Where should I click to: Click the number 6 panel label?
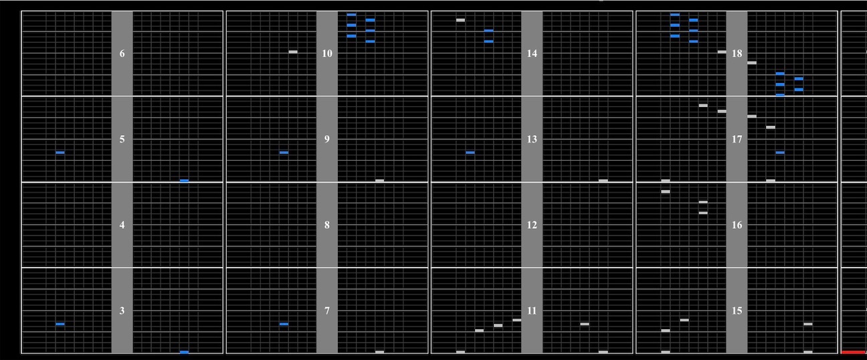click(x=122, y=54)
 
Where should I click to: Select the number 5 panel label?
click(x=122, y=139)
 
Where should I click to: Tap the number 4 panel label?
click(x=122, y=225)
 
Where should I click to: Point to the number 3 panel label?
click(x=122, y=310)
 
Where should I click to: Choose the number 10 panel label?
click(x=327, y=54)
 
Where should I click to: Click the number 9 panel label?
click(x=327, y=139)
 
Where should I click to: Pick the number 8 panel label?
click(x=327, y=225)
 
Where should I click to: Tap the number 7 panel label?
click(x=327, y=310)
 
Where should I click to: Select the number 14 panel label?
click(x=532, y=54)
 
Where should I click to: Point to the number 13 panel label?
click(x=532, y=139)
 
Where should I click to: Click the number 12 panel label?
click(x=532, y=225)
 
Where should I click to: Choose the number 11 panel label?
click(x=532, y=310)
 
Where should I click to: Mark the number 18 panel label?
click(x=737, y=54)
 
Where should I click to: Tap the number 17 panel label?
click(x=737, y=139)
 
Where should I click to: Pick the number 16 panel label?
click(x=737, y=225)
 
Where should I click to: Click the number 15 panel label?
click(x=737, y=310)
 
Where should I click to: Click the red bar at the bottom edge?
click(x=854, y=352)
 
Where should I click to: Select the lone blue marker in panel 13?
click(x=470, y=153)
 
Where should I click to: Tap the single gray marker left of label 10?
click(x=293, y=52)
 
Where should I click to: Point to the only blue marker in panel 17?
click(x=780, y=153)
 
